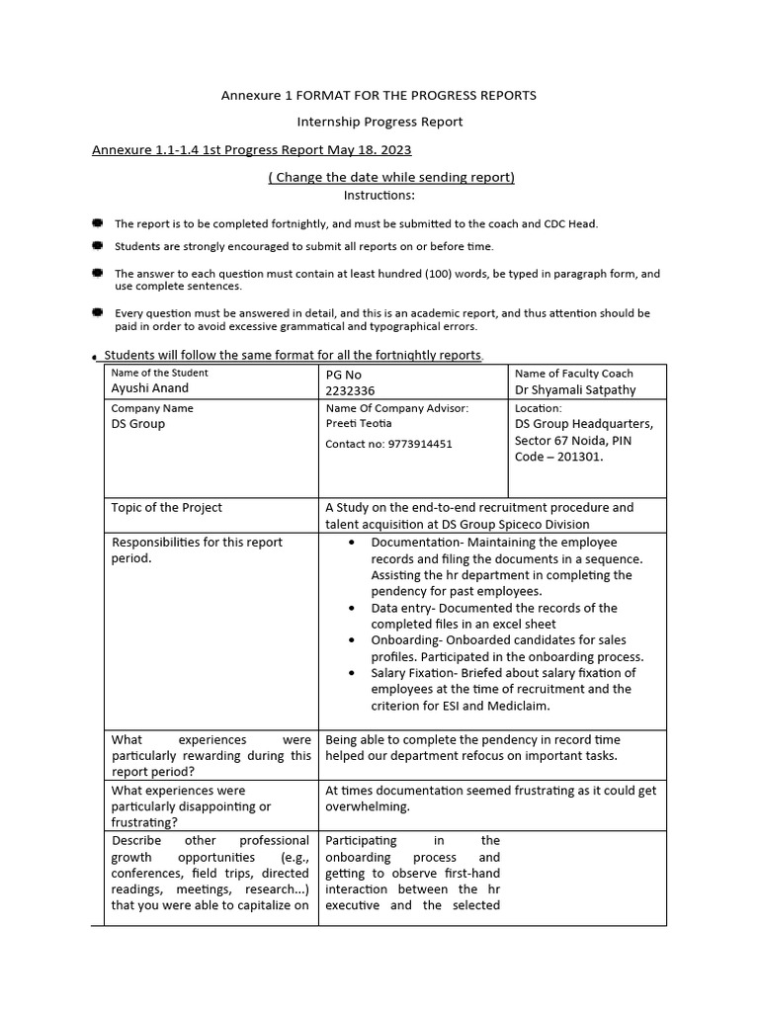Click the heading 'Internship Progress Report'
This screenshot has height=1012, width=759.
tap(379, 122)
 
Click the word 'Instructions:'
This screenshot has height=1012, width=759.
tap(379, 195)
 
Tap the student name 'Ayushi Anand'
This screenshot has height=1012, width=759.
tap(149, 389)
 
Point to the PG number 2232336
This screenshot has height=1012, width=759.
tap(350, 390)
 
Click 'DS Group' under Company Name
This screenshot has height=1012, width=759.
tap(138, 424)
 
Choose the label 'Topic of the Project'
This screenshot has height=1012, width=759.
tap(167, 507)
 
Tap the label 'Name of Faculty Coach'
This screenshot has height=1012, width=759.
tap(574, 374)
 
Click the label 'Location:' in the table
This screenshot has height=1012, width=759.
tap(539, 407)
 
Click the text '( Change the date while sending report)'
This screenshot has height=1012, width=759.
tap(391, 177)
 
